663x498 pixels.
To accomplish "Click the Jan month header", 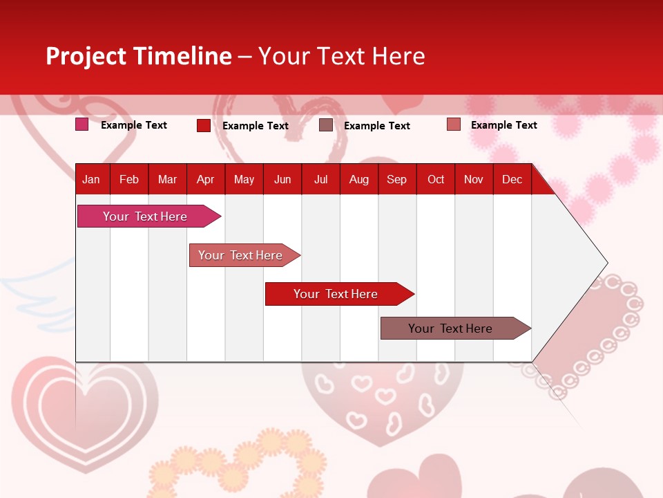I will (92, 179).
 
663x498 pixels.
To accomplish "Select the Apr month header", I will (205, 179).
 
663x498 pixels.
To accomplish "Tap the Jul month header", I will (320, 179).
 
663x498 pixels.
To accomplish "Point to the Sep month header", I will (396, 179).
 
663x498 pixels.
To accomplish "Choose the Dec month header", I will (512, 179).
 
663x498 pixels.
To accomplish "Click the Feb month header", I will (129, 179).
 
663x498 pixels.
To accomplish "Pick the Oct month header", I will (436, 179).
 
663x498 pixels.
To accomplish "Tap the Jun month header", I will (282, 179).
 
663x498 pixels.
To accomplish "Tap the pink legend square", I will (81, 124).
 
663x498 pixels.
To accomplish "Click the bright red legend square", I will (203, 125).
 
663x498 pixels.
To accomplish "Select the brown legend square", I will (326, 125).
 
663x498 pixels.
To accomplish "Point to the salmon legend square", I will (454, 124).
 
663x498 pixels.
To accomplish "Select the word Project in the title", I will (86, 56).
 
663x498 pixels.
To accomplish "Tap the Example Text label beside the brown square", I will (377, 126).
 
